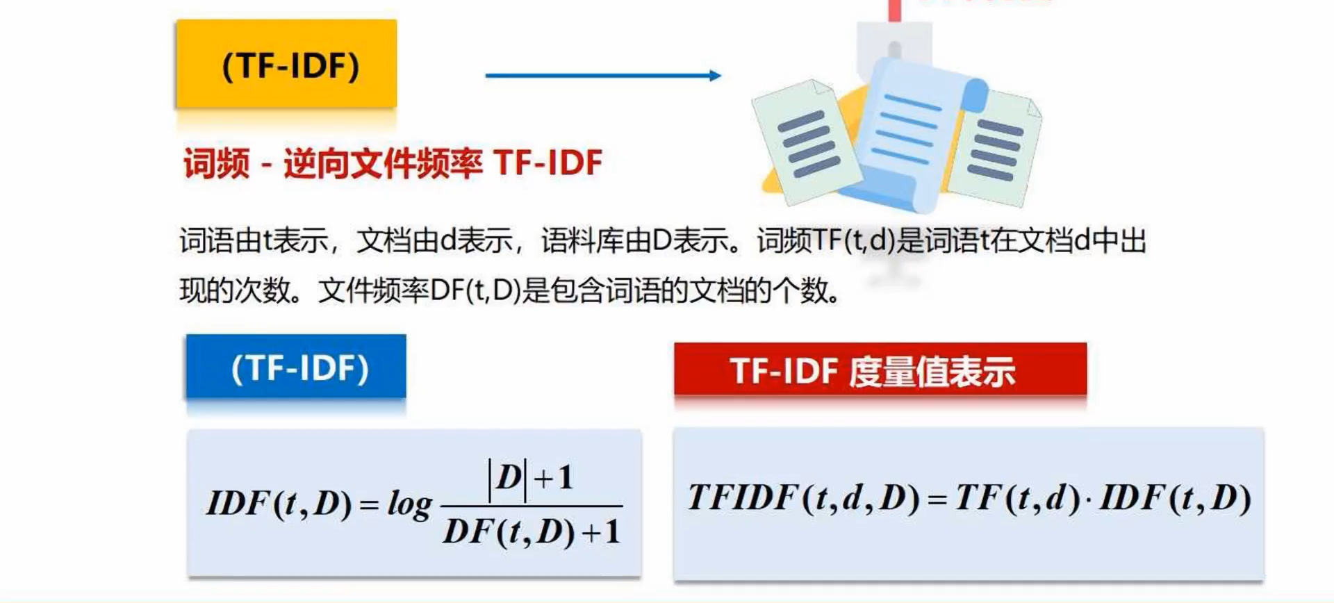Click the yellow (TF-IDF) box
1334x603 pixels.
click(286, 64)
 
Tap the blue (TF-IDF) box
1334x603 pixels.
click(296, 367)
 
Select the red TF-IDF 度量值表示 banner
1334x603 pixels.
click(880, 370)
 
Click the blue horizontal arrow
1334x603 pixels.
click(602, 75)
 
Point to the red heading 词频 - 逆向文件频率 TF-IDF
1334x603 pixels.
click(393, 163)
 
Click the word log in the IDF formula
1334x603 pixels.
click(409, 504)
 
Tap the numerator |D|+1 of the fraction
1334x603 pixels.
click(530, 478)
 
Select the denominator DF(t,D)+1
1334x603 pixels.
click(532, 532)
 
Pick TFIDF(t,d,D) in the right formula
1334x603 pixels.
click(803, 498)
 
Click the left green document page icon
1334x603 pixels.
click(806, 142)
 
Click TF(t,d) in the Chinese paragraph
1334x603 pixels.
click(853, 240)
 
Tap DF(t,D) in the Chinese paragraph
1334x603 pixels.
click(475, 290)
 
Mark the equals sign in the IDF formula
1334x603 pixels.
click(369, 505)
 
